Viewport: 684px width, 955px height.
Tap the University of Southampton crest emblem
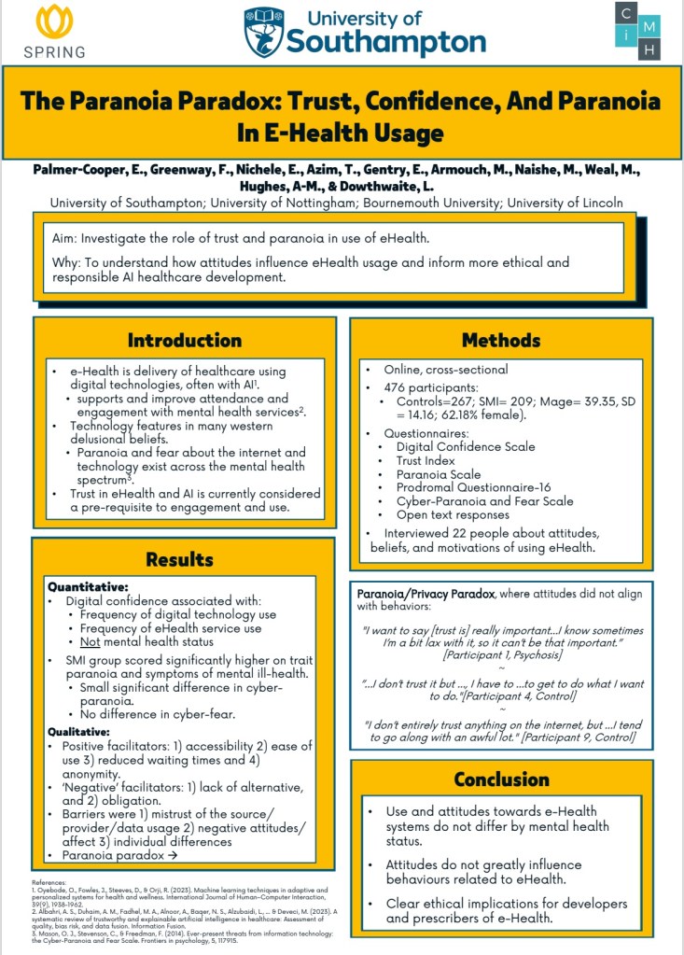pyautogui.click(x=263, y=33)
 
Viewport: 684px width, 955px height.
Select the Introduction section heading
pyautogui.click(x=185, y=340)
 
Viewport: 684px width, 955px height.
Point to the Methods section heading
pyautogui.click(x=500, y=340)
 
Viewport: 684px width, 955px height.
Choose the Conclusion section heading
pyautogui.click(x=500, y=779)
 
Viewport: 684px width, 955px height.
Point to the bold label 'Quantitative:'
pyautogui.click(x=89, y=587)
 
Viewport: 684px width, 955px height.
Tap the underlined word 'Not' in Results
pyautogui.click(x=91, y=642)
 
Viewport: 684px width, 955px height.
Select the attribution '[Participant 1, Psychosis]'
pyautogui.click(x=499, y=657)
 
